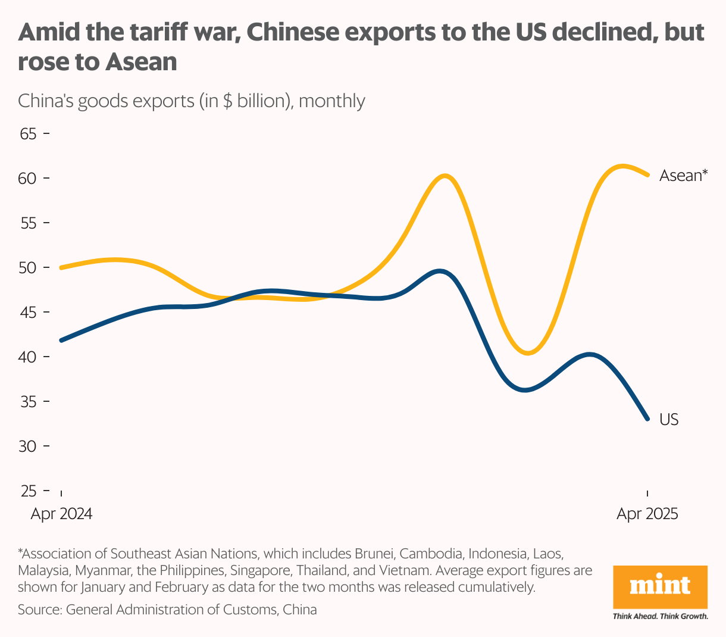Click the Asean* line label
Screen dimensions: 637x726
[x=683, y=176]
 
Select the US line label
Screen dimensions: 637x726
[x=669, y=420]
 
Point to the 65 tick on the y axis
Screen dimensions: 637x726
[x=28, y=134]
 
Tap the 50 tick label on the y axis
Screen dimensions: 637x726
[x=28, y=268]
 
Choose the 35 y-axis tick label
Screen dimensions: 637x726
[x=28, y=402]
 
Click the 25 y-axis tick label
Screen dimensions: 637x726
[x=28, y=491]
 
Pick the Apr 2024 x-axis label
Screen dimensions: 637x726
[x=61, y=514]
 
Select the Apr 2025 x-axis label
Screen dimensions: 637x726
[x=647, y=514]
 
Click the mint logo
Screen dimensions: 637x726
[x=660, y=586]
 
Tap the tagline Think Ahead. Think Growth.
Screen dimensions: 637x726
[x=660, y=616]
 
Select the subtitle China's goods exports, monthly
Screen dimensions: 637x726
[x=191, y=101]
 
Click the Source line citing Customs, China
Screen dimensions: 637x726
[x=167, y=610]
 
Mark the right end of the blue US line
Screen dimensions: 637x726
[x=647, y=419]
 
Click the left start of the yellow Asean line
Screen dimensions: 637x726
[x=61, y=268]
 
